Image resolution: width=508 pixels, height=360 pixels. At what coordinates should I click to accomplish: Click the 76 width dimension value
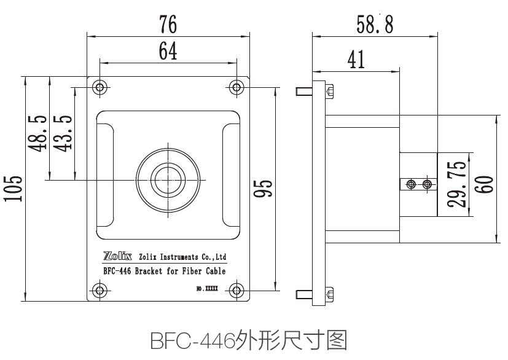coord(168,24)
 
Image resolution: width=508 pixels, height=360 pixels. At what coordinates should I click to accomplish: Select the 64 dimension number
coord(168,52)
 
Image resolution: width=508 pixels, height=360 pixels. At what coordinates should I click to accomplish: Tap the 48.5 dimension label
coord(38,131)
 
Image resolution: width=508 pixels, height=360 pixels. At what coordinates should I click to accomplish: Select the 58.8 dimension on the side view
coord(375,24)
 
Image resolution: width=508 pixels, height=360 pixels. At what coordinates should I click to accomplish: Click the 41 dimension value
coord(356,59)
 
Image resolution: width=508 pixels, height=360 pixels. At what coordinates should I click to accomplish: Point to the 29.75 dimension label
coord(459,184)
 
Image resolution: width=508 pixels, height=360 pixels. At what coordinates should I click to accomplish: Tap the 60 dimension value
coord(487,184)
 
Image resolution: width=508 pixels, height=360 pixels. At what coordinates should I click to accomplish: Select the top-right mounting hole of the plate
coord(237,87)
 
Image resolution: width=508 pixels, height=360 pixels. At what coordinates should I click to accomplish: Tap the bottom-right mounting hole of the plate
coord(237,290)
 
